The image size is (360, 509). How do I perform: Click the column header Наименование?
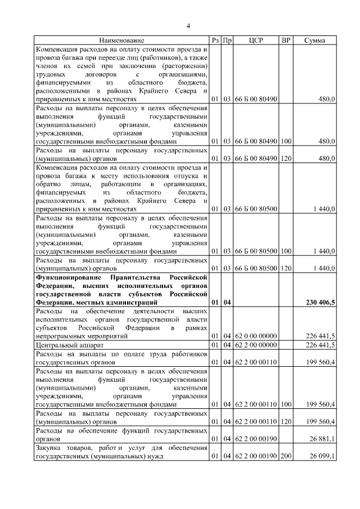click(x=122, y=40)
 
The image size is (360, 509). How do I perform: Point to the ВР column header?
click(x=286, y=40)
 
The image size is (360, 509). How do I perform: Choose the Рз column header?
click(x=215, y=40)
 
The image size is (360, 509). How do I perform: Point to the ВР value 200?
click(x=286, y=456)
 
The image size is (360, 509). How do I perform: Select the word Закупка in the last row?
click(x=48, y=448)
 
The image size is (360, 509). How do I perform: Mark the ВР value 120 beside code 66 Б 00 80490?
click(x=286, y=159)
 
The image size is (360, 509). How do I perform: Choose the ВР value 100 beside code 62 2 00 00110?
click(x=286, y=404)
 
